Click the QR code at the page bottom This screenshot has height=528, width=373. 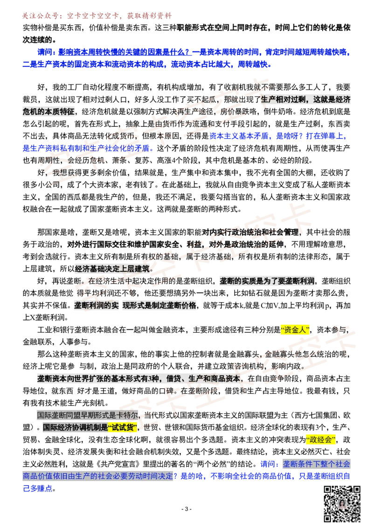click(x=342, y=504)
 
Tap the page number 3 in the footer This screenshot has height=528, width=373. click(x=186, y=509)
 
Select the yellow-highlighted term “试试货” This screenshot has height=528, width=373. click(x=123, y=428)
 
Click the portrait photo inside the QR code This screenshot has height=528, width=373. click(x=342, y=504)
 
